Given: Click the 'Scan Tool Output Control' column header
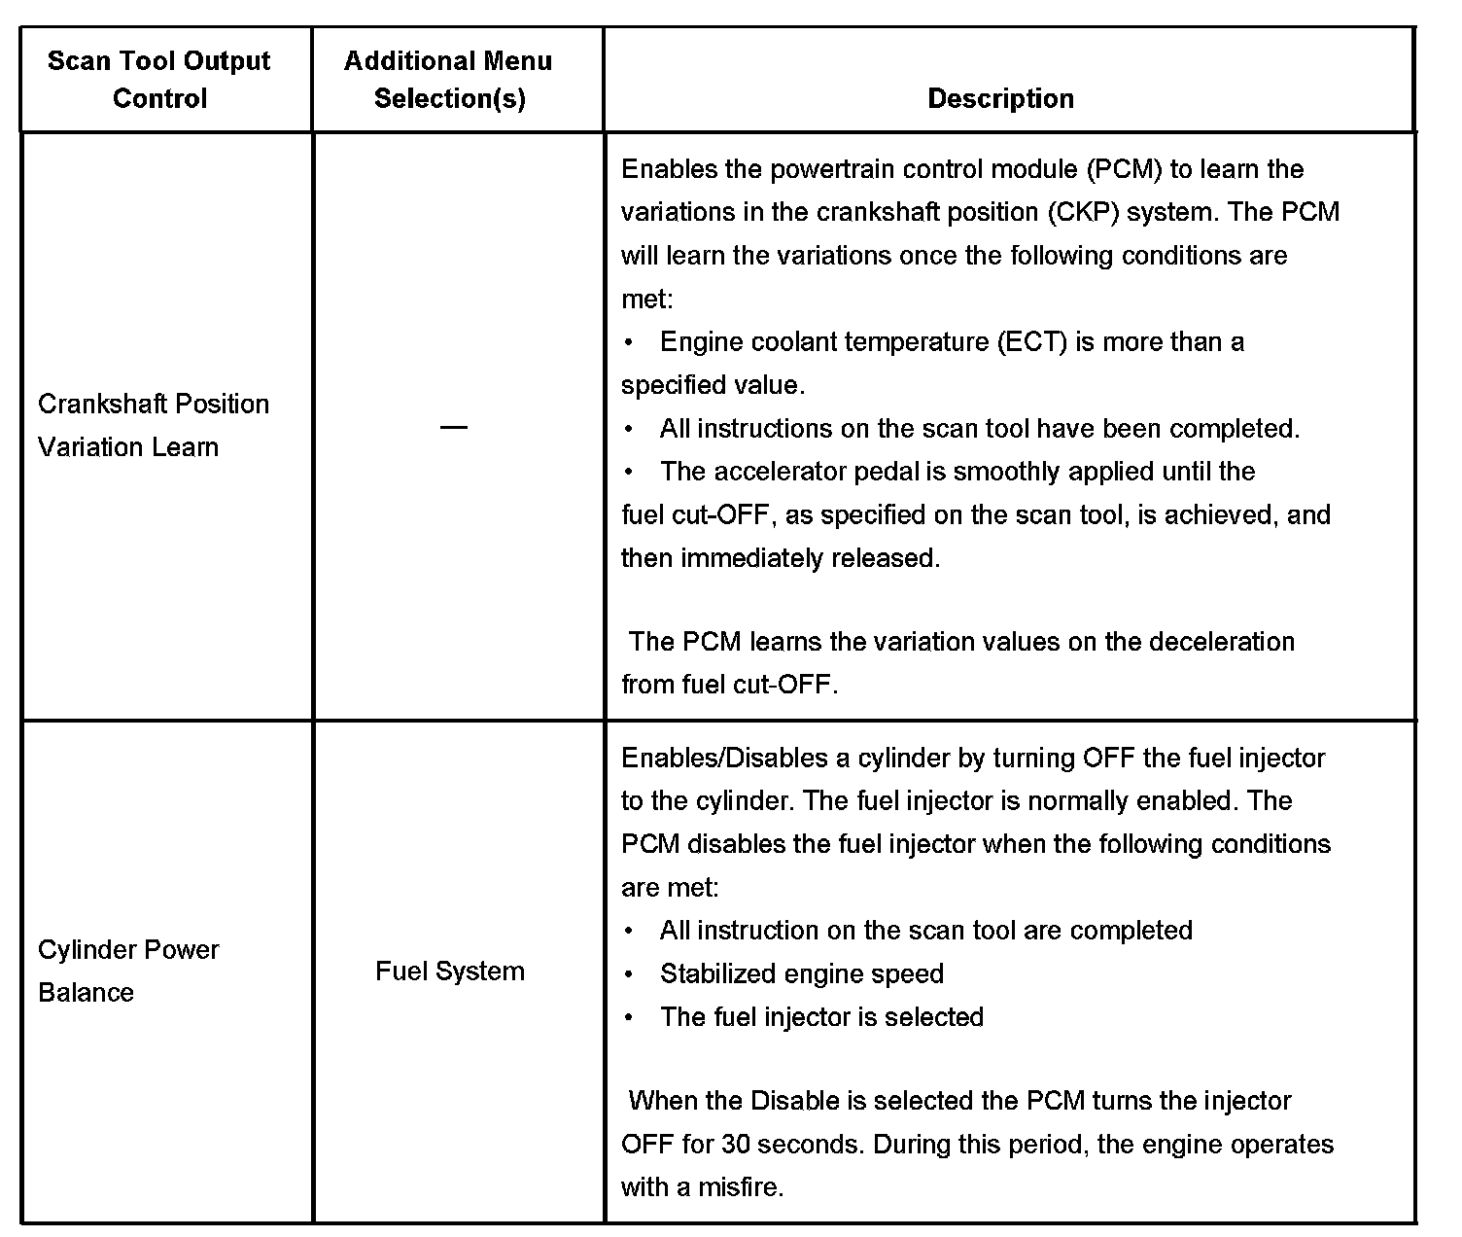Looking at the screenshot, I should (x=159, y=80).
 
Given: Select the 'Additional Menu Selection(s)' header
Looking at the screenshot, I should (x=448, y=80).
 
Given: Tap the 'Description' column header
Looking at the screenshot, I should (x=1000, y=98).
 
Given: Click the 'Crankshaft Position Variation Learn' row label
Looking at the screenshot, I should (x=153, y=425).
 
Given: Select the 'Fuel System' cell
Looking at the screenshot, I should (x=449, y=971).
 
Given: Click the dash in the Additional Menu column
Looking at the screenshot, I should (x=453, y=427).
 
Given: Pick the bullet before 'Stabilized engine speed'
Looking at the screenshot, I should (x=630, y=973).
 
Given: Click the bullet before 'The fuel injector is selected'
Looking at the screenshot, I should (x=630, y=1017).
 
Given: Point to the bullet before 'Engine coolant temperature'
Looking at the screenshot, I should (x=630, y=342).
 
